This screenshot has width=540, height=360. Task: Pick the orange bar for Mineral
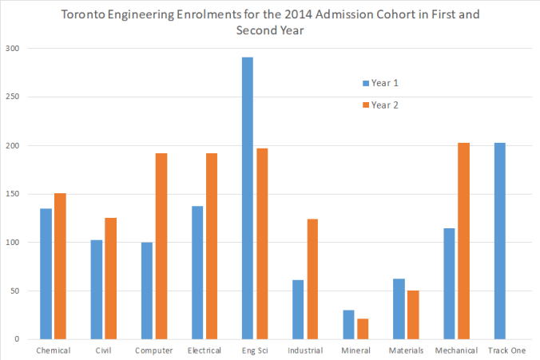(x=363, y=329)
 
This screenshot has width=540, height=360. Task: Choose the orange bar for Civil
(x=110, y=279)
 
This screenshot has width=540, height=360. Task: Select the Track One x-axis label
(x=507, y=350)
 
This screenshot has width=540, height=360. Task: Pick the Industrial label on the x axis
(x=306, y=350)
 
